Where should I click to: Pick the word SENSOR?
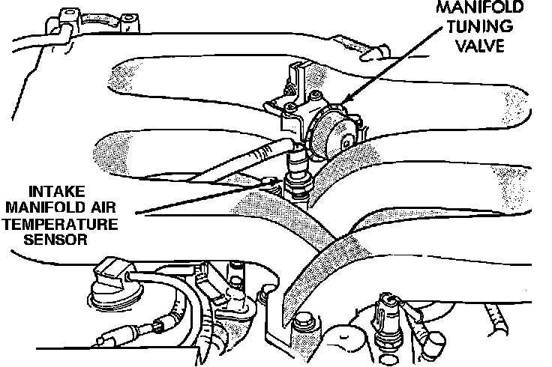tap(61, 240)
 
